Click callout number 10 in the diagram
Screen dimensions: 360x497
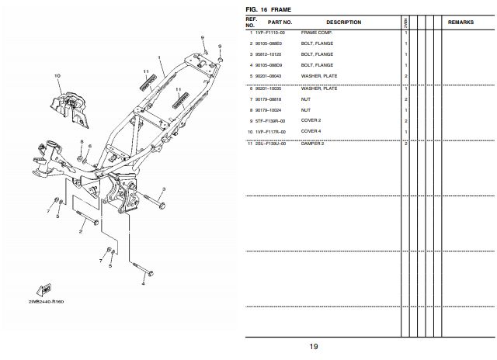[57, 75]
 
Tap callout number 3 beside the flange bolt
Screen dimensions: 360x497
[164, 190]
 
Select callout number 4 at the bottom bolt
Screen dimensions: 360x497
[143, 283]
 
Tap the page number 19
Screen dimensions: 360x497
[313, 347]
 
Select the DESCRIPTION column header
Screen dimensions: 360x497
[343, 22]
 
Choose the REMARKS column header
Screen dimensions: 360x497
[466, 22]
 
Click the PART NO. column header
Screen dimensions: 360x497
[280, 22]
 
